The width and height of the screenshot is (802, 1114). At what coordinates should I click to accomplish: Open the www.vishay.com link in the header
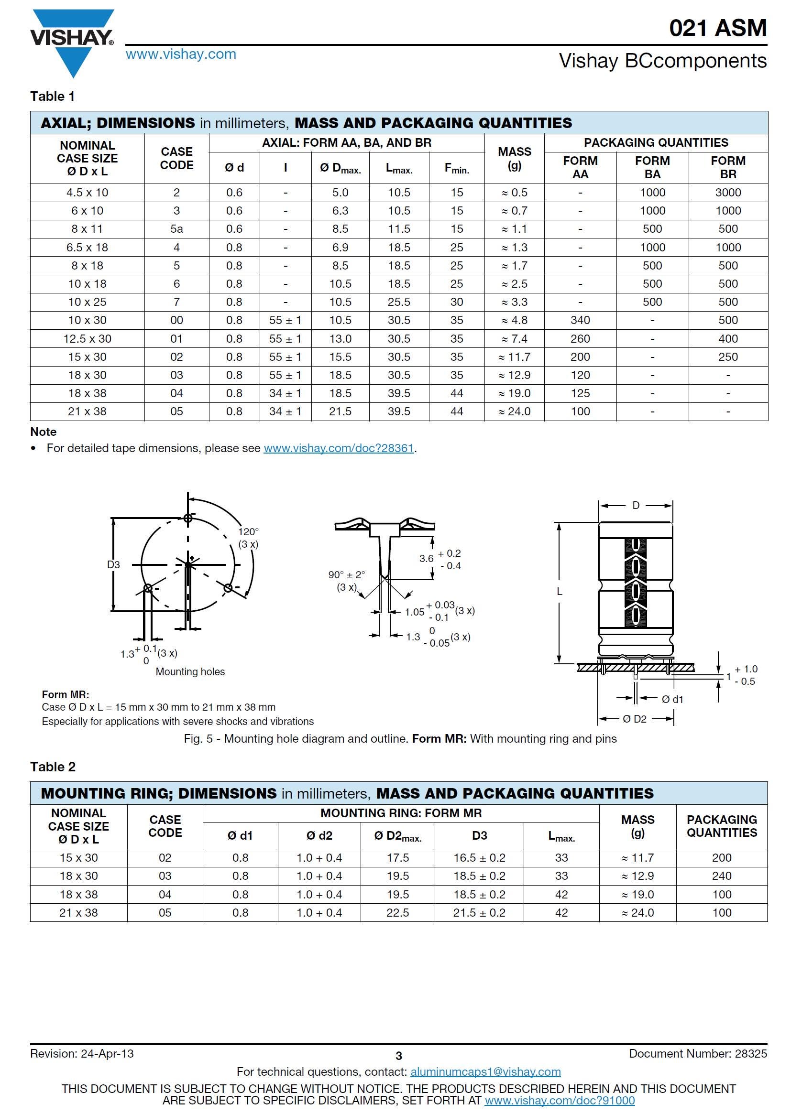pos(181,54)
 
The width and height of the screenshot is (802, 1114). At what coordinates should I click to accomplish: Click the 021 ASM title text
pos(717,28)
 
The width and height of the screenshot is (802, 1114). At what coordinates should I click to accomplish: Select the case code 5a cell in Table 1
pos(176,229)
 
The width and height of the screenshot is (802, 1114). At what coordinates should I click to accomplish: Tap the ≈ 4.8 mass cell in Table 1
pos(514,320)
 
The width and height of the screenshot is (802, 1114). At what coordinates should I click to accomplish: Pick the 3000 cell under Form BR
pos(728,193)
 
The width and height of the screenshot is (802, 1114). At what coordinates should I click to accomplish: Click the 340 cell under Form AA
pos(580,320)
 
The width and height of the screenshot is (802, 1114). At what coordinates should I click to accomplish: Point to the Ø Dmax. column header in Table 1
pos(340,168)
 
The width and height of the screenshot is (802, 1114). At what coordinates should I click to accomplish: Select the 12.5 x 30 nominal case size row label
pos(87,339)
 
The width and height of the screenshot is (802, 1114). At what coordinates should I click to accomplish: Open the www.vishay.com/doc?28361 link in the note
pos(339,448)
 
